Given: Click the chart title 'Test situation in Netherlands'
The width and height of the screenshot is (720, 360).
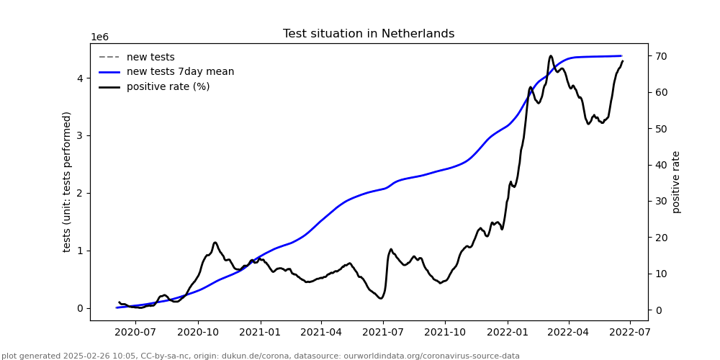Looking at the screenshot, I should (x=369, y=34).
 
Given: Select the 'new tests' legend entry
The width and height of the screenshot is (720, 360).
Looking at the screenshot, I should (x=150, y=58).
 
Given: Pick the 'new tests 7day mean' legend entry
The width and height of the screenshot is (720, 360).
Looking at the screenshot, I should (x=180, y=72).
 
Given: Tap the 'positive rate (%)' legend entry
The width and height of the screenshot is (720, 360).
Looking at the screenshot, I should (x=168, y=87).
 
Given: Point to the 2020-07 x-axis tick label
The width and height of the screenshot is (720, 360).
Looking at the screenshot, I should (x=136, y=332).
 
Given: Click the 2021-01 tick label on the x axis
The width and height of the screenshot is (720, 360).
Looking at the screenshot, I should (x=260, y=332).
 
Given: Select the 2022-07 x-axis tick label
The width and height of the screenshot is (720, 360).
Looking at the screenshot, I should (x=630, y=332).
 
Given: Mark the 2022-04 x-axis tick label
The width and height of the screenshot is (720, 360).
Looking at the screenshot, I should (x=569, y=332).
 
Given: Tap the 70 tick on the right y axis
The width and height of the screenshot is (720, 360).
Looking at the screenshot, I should (x=660, y=56).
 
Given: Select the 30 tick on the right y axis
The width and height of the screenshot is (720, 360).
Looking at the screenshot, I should (x=660, y=202).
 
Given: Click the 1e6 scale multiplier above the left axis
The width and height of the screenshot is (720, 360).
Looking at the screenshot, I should (x=99, y=37).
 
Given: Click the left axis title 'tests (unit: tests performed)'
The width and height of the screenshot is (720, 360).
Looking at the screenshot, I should (x=67, y=181).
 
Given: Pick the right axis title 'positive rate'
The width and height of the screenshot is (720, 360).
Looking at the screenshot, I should (x=676, y=181).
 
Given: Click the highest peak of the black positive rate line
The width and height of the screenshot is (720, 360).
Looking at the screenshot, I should (x=551, y=56).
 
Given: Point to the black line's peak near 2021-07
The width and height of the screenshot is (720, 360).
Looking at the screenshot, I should (x=391, y=249).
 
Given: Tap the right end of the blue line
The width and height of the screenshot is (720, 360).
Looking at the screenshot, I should (x=621, y=55).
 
